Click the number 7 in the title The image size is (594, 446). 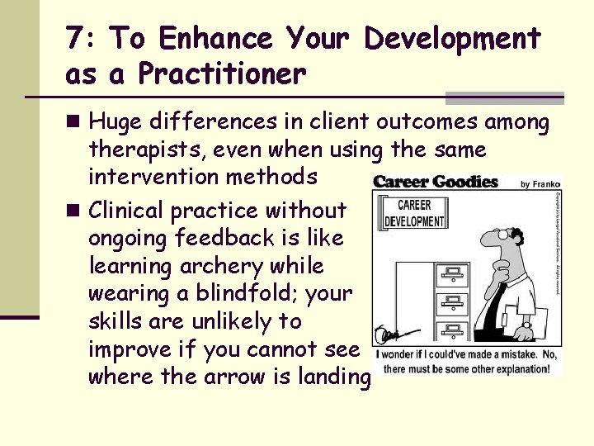tap(77, 39)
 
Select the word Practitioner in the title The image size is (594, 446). tap(222, 74)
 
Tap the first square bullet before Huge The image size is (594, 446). tap(73, 123)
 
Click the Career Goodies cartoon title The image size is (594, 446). tap(436, 182)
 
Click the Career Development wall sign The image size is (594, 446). tap(415, 214)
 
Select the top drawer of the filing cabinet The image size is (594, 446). tap(452, 274)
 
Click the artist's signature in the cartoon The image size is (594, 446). tap(388, 336)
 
